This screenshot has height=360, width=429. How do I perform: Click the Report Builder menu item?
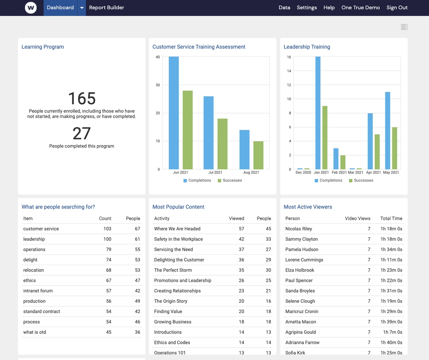pos(106,8)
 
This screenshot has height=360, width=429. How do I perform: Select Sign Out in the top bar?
pos(397,8)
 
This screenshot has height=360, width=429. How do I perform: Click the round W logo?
pos(31,8)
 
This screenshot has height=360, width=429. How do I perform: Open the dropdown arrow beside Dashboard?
pos(82,8)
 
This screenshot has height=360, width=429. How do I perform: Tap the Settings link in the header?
pos(307,8)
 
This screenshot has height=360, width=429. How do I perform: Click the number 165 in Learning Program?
pos(82,99)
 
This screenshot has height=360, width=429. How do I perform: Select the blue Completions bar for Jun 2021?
pos(174,113)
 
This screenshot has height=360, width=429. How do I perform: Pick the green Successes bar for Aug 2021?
pos(258,155)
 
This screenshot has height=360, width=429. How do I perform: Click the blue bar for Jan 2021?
pos(318,113)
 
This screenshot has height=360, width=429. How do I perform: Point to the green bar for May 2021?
pos(394,148)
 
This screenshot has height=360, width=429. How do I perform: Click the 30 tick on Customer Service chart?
pos(158,85)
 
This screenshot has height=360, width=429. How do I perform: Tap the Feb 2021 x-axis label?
pos(339,172)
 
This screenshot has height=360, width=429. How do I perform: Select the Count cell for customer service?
pos(106,229)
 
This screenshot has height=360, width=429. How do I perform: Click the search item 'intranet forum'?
pos(38,291)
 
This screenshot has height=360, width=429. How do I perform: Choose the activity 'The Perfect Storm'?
pos(173,270)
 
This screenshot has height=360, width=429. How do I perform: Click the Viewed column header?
pos(236,219)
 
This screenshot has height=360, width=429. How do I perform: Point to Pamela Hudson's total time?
pos(391,249)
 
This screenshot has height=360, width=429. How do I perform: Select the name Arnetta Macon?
pos(301,322)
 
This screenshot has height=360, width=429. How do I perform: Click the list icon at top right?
pos(404,27)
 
